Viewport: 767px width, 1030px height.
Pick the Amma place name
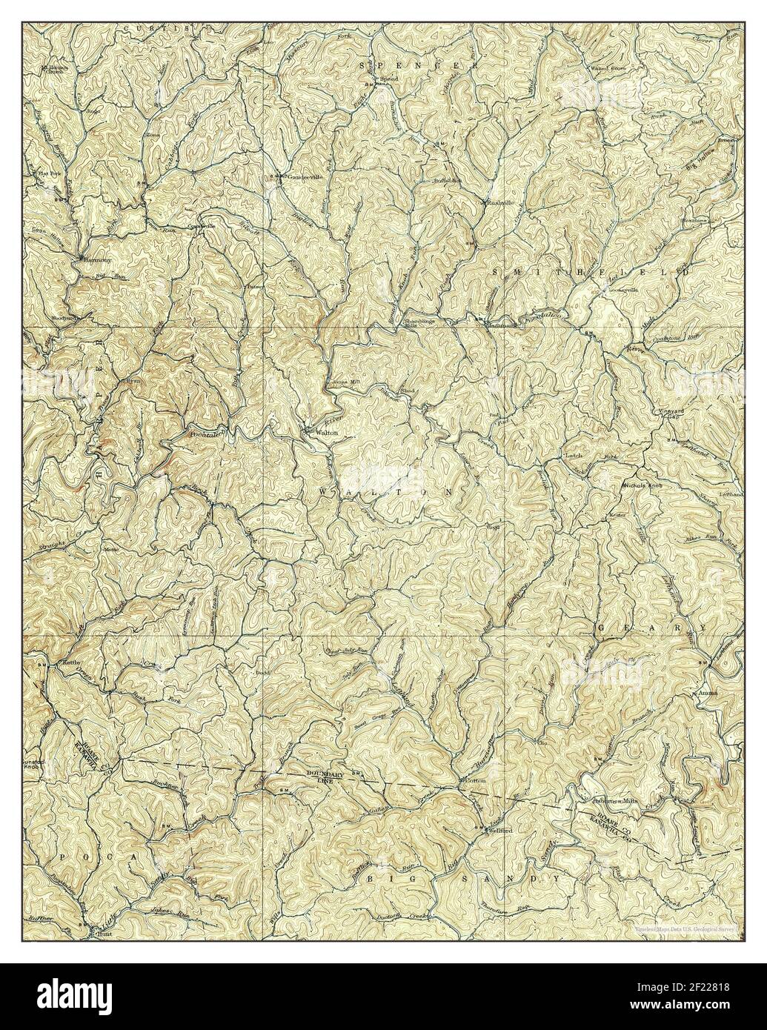(x=705, y=694)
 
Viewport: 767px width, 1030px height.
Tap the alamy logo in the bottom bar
(x=67, y=997)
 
